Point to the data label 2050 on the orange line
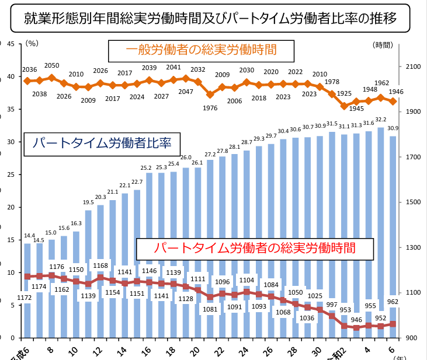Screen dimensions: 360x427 (x=51, y=66)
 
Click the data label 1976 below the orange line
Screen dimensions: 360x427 (x=210, y=107)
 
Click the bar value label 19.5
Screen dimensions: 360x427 (x=88, y=202)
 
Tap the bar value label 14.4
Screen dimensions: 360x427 (x=27, y=236)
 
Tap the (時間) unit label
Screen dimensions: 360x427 (x=383, y=44)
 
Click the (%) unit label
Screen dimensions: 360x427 (x=33, y=44)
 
